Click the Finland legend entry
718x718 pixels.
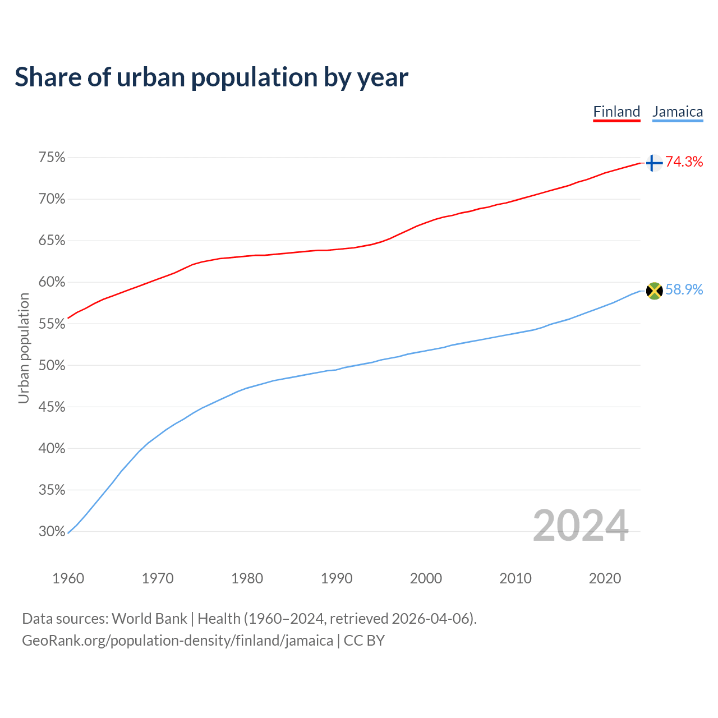616,112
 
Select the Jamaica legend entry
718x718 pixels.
678,112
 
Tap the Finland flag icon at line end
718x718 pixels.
653,163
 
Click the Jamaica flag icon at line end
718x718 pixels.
654,291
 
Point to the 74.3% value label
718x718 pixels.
684,162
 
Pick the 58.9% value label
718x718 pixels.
684,289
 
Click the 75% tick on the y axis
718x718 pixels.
52,158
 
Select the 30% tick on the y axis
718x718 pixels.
52,531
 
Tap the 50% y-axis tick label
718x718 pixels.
52,365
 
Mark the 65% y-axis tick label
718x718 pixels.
52,241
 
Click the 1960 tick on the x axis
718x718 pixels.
68,578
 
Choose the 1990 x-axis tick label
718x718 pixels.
337,578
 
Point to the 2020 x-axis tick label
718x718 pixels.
605,578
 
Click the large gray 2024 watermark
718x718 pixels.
581,526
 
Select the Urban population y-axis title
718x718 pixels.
24,348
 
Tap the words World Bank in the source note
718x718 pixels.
149,619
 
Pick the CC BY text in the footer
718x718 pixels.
364,641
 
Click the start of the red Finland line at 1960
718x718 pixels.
68,318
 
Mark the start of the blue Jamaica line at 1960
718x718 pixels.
68,533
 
